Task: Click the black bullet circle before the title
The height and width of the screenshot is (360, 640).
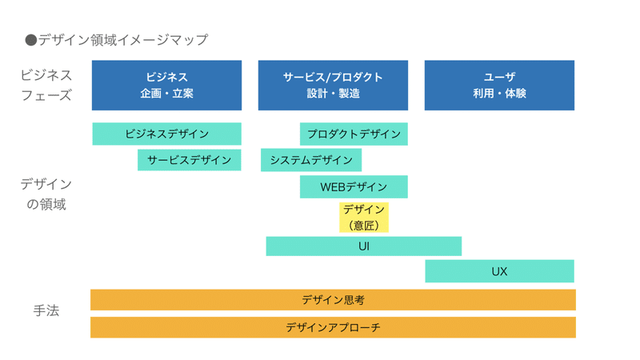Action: click(x=31, y=39)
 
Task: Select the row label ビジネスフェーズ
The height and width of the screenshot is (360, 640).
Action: click(x=46, y=85)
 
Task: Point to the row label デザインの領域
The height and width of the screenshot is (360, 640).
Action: click(x=46, y=194)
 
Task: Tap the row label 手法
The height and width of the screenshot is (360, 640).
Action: click(x=46, y=310)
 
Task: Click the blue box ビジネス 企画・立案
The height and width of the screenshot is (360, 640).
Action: click(x=166, y=85)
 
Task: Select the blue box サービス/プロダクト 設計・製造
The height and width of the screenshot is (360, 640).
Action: click(x=333, y=85)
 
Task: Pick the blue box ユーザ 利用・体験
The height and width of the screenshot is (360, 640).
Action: click(x=499, y=85)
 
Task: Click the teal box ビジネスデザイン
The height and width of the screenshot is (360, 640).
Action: click(x=166, y=134)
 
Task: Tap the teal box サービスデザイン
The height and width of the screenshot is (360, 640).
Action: click(x=189, y=160)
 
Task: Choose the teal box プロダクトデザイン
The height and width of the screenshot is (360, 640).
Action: click(x=354, y=134)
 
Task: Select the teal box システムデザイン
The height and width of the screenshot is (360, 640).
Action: click(x=311, y=160)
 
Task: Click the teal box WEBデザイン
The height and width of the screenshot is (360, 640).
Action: click(x=354, y=187)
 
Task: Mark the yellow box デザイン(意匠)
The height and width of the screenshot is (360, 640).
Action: click(x=364, y=217)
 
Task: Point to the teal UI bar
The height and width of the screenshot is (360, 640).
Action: click(x=364, y=246)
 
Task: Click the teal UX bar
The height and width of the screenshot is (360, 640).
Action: click(x=499, y=271)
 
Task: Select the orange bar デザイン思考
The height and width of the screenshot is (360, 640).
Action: click(x=333, y=300)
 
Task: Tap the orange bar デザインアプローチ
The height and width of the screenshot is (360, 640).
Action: click(x=333, y=327)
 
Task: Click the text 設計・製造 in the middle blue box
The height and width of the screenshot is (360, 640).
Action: click(x=333, y=94)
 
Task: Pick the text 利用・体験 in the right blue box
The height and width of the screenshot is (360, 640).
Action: click(x=499, y=94)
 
